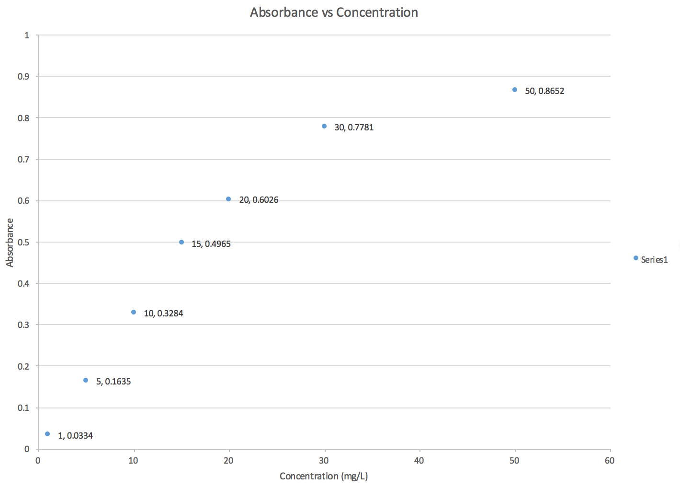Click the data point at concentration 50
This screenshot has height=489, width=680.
(x=515, y=90)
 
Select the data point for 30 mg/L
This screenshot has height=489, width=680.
(x=324, y=126)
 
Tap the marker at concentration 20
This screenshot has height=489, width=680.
(x=228, y=199)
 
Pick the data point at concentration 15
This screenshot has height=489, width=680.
(x=181, y=242)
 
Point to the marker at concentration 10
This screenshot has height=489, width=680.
(x=134, y=312)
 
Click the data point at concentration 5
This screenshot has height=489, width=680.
(x=86, y=380)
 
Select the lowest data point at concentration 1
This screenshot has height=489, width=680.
(x=47, y=434)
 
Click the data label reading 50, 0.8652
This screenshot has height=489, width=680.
(x=544, y=91)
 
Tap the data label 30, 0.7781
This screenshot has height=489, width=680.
(x=354, y=128)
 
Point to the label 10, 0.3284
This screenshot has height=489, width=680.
(x=163, y=314)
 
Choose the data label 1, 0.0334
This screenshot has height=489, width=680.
(x=75, y=436)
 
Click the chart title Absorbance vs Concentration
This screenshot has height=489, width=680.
(x=334, y=12)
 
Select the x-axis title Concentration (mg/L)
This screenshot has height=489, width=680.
(x=324, y=476)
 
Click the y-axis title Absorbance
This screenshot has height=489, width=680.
(x=10, y=243)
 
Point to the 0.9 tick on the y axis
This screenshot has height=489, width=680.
(x=23, y=77)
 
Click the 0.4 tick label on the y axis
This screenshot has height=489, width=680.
(x=23, y=284)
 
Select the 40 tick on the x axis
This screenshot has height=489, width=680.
(x=419, y=461)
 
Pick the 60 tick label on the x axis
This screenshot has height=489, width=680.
(x=610, y=461)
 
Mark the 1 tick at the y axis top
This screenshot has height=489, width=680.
(x=27, y=35)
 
